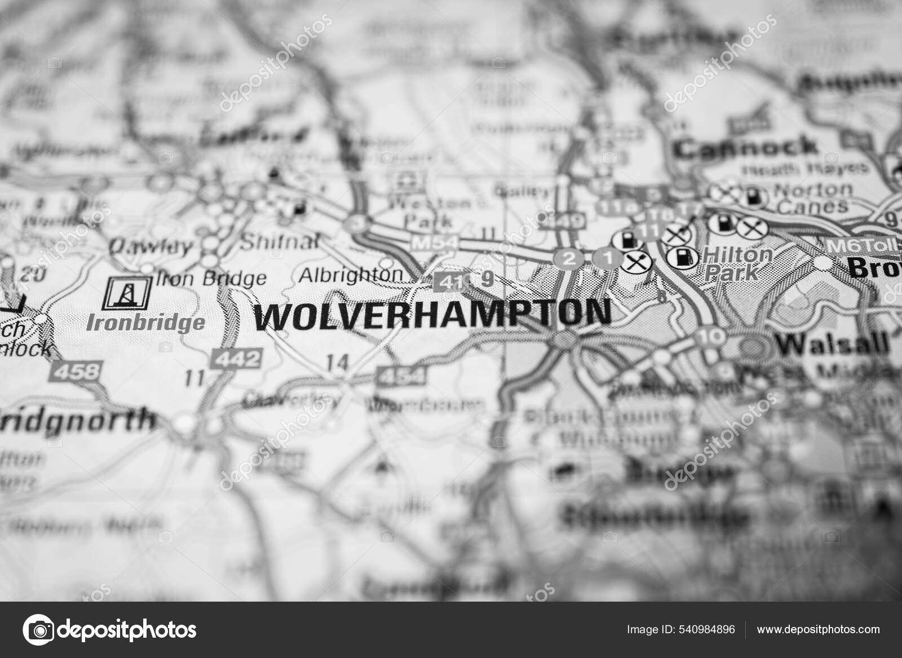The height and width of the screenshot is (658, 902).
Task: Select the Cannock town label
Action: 746,148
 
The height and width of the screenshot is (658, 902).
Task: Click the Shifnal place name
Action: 279,242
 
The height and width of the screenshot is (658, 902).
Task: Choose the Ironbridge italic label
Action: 145,323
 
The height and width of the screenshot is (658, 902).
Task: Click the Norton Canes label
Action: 812,197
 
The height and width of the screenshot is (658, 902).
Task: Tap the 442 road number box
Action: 236,358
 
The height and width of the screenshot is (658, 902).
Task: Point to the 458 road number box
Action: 76,370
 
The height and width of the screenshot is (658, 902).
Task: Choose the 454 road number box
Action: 401,375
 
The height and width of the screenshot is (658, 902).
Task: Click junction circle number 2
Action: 570,259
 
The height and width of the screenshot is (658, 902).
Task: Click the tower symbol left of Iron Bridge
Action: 126,293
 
